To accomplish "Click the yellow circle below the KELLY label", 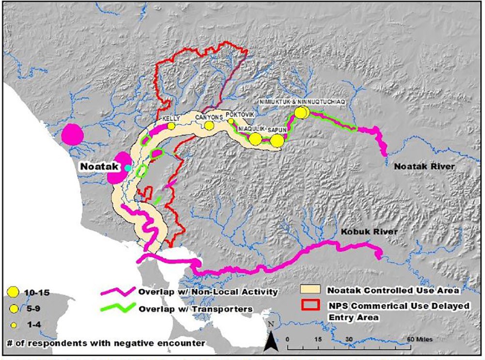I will click(171, 126).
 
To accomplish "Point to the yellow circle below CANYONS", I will click(209, 125).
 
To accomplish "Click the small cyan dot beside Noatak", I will click(128, 168).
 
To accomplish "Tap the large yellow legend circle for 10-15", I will click(13, 292).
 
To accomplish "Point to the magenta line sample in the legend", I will click(117, 292).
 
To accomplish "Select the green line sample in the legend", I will click(117, 308).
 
